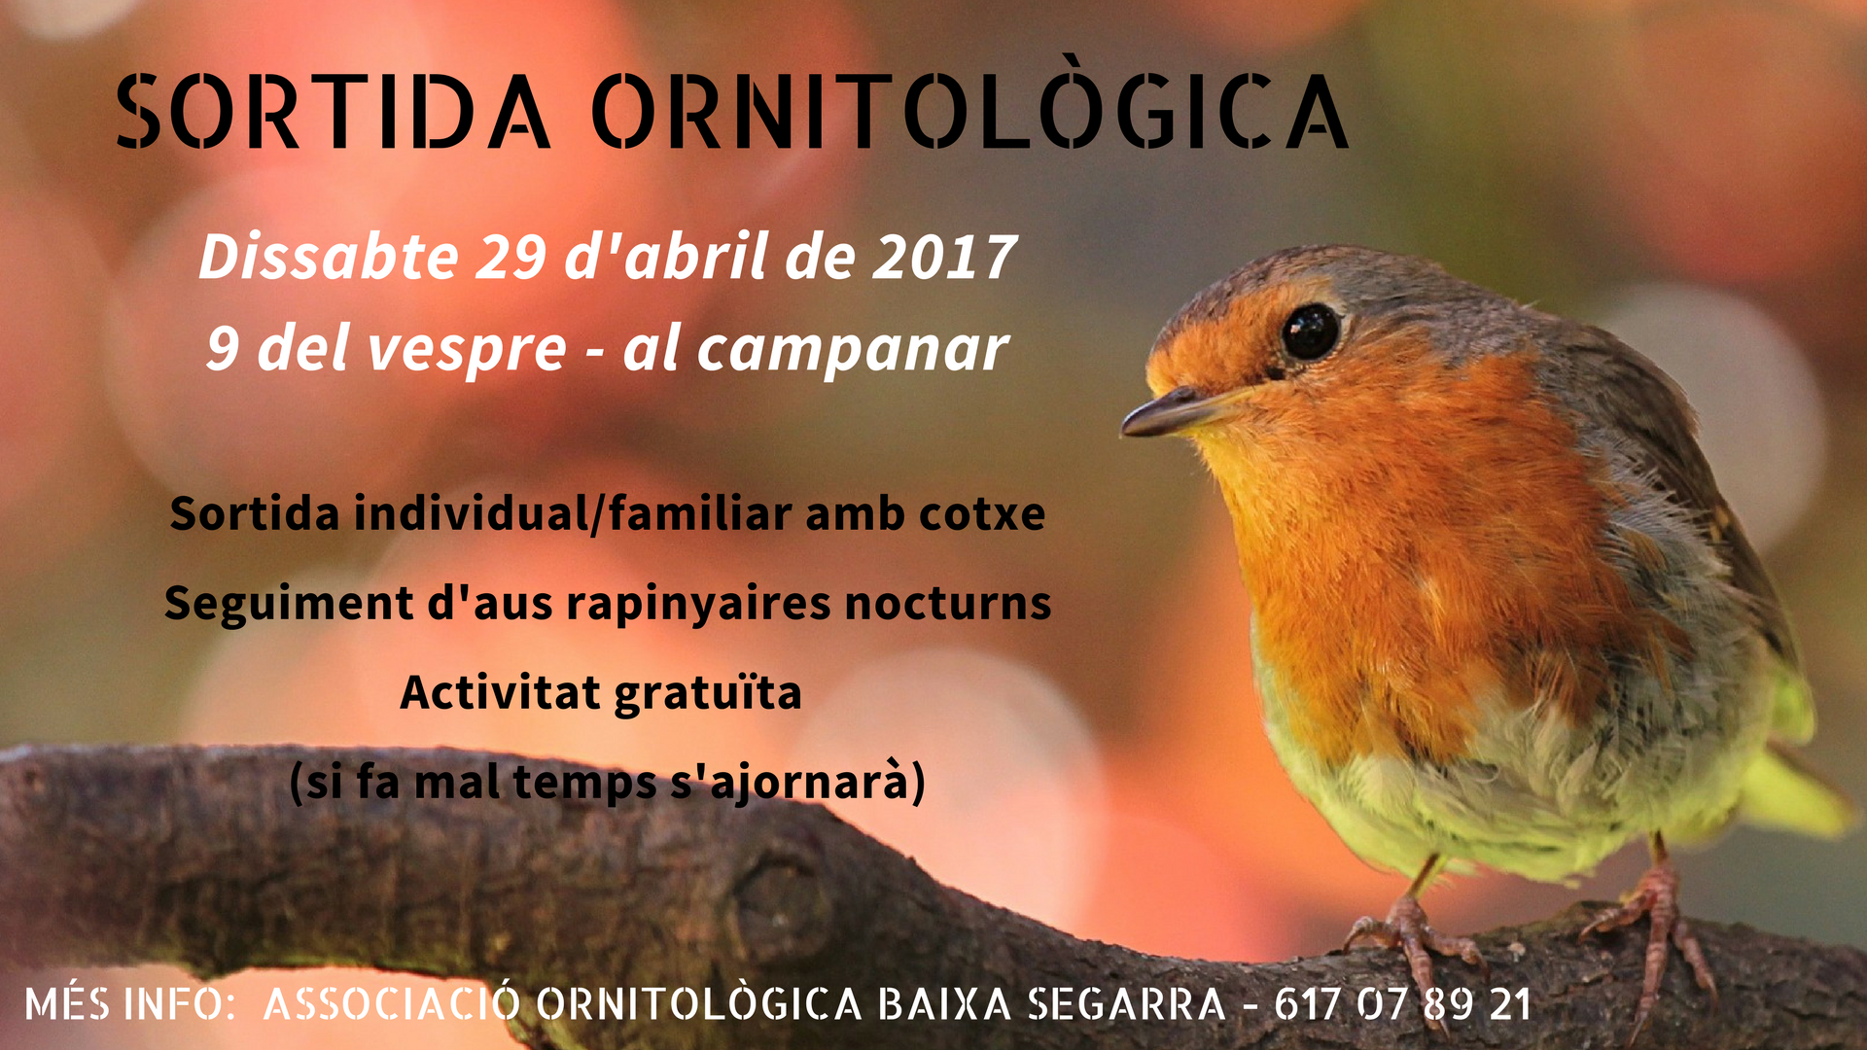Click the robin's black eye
click(1310, 332)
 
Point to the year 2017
click(944, 258)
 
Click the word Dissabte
click(329, 257)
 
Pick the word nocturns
click(948, 604)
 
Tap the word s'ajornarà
click(789, 784)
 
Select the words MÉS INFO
click(124, 1003)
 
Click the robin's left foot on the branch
click(1415, 933)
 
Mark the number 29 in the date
click(510, 258)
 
